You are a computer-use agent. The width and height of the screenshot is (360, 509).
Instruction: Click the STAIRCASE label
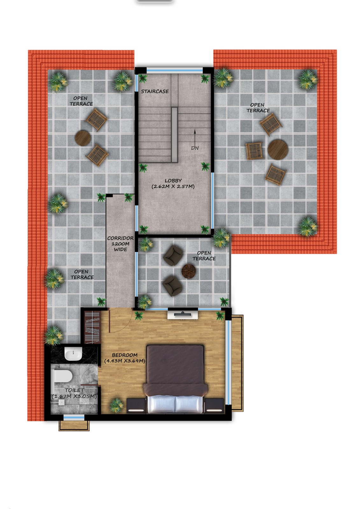click(155, 91)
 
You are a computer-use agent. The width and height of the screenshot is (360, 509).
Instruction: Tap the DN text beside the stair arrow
click(195, 148)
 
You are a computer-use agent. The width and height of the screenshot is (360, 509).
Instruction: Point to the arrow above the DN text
click(195, 136)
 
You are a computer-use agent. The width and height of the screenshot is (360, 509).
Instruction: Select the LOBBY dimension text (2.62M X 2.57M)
click(173, 186)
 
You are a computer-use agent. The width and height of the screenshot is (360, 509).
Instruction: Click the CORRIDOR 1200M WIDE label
click(120, 244)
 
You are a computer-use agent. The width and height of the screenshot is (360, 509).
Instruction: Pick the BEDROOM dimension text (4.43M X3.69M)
click(125, 361)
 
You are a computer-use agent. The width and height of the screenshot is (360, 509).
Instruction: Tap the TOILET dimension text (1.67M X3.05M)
click(74, 396)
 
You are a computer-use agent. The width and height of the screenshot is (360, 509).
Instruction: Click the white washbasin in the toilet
click(73, 354)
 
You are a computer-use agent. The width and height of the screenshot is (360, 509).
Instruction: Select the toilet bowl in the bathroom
click(62, 376)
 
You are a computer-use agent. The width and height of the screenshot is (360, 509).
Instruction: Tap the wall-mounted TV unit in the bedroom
click(183, 315)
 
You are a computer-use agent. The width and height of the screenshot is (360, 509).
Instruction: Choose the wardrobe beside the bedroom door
click(92, 327)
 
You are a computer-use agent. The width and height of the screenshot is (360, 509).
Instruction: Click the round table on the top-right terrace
click(278, 150)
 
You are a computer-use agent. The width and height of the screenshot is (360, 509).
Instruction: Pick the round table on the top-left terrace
click(83, 138)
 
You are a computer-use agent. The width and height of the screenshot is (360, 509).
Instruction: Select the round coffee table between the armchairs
click(188, 271)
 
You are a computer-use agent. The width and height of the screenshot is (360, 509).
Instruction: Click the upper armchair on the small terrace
click(173, 255)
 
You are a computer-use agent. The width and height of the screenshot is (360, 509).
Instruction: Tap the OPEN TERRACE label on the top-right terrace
click(258, 108)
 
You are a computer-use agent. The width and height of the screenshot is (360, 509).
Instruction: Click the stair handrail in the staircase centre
click(174, 135)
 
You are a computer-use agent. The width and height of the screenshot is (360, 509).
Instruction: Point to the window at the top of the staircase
click(174, 70)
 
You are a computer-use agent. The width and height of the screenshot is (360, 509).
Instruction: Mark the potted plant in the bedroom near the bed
click(117, 406)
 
